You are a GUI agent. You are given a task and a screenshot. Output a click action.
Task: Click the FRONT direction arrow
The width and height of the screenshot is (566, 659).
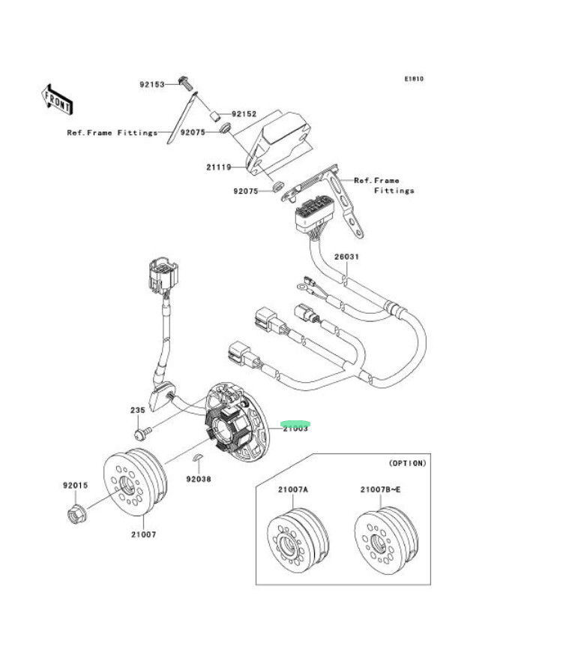(x=56, y=98)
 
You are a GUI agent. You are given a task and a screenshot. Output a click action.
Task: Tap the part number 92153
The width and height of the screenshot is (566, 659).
(x=153, y=84)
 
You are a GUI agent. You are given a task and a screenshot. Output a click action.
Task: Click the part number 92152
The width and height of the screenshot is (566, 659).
(x=244, y=114)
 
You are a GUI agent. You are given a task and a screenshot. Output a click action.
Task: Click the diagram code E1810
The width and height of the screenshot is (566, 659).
(x=414, y=78)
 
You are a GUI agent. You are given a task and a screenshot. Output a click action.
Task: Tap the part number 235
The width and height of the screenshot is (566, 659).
(x=138, y=411)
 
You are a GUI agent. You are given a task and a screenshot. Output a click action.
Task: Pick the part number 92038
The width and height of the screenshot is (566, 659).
(x=199, y=478)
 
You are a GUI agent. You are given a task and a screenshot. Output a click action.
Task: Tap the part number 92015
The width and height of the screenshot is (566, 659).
(x=75, y=486)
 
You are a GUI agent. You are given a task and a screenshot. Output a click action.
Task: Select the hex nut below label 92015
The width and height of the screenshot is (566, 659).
(x=76, y=515)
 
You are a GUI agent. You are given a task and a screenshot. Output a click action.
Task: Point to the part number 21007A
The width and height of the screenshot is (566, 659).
(x=293, y=489)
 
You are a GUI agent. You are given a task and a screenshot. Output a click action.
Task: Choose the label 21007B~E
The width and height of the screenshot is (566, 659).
(x=379, y=489)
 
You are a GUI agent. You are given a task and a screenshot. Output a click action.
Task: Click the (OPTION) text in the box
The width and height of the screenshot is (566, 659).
(x=407, y=463)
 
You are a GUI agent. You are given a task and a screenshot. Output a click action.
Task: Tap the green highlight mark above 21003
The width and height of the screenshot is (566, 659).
(x=298, y=423)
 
